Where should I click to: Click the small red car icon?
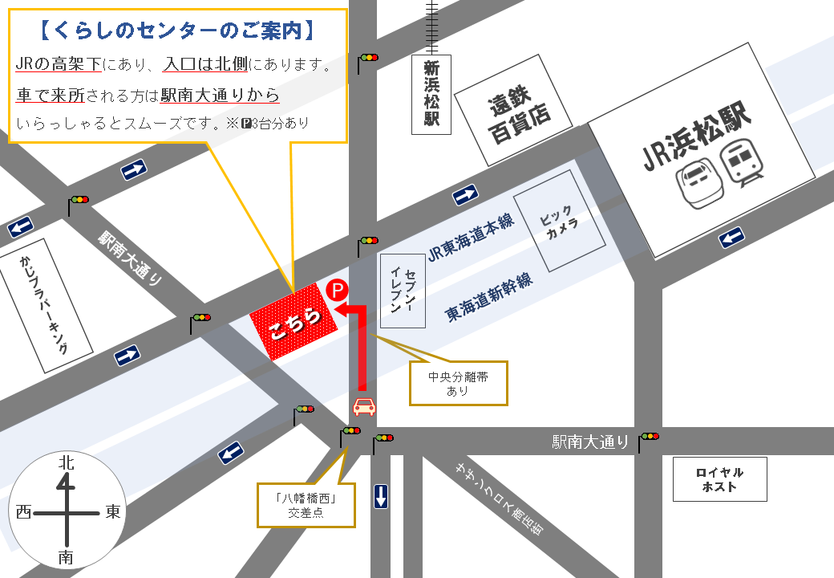click(364, 406)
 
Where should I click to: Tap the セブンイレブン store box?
click(403, 290)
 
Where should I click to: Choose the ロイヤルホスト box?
click(719, 479)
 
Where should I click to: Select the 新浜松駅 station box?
click(431, 95)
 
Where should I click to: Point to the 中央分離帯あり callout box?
click(459, 383)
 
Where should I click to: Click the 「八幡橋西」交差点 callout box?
click(306, 505)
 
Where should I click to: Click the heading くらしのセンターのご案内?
click(178, 31)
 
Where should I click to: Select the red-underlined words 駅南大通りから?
click(220, 95)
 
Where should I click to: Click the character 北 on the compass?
click(67, 463)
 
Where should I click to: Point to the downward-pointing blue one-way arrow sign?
click(381, 496)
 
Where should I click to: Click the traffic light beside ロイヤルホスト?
click(649, 437)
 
